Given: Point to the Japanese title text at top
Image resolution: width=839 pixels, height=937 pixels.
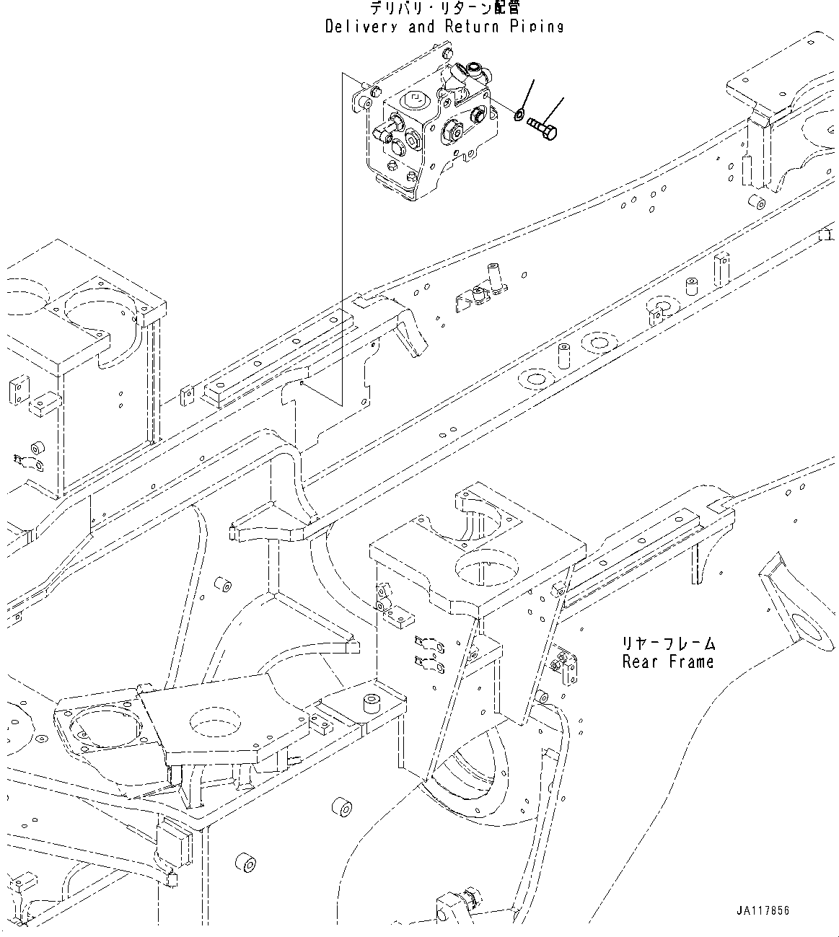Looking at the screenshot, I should [444, 9].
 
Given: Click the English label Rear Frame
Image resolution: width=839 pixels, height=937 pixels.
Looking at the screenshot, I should [668, 661].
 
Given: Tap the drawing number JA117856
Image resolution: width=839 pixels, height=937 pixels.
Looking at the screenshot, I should [763, 910].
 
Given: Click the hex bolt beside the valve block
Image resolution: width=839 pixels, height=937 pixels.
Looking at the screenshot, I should [542, 128].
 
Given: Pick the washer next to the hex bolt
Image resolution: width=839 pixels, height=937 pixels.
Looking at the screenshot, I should [519, 114].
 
